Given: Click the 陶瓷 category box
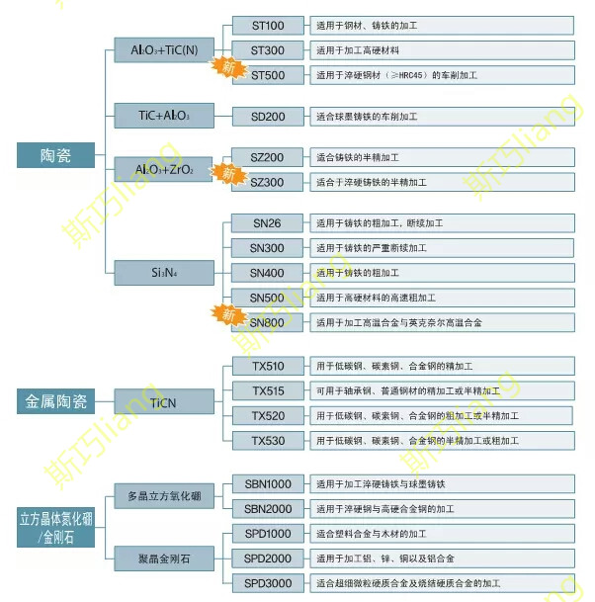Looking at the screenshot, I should pos(56,155).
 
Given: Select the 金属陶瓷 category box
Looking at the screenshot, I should pos(56,401).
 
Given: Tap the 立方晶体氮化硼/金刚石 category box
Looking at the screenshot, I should pos(56,528).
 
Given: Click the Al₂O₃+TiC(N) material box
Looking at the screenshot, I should pos(164,48).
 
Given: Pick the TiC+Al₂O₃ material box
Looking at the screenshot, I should pos(164,116).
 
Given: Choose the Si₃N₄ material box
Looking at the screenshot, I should pos(164,271).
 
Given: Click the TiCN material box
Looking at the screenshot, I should pos(164,401).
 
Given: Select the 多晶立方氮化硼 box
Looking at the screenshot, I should pos(164,496).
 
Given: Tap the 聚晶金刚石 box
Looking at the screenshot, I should pos(164,559).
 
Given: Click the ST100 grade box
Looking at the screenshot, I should pos(267,25).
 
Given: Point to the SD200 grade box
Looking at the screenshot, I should pos(267,116).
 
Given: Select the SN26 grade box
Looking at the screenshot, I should pos(267,223).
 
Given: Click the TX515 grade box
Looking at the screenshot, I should pos(267,390).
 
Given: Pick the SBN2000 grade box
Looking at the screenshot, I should pos(267,508).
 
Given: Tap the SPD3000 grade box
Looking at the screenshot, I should pos(267,583).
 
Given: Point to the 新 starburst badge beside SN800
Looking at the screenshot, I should pos(228,315).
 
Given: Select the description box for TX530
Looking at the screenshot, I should pos(441,440).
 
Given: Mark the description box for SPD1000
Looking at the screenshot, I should pos(441,534).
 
